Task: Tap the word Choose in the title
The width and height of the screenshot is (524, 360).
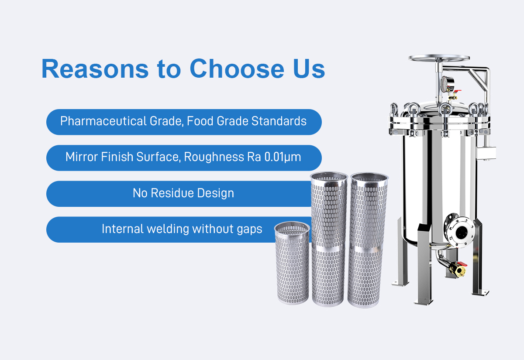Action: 237,69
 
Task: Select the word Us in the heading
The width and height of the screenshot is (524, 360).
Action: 309,69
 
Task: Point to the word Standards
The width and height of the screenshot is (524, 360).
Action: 279,121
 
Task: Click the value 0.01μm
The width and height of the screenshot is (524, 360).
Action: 283,157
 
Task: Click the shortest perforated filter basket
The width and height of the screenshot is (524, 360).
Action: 293,263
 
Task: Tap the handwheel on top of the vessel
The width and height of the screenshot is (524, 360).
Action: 439,58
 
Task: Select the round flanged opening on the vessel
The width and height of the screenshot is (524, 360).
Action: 460,232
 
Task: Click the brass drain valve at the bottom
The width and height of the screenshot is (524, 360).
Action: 457,269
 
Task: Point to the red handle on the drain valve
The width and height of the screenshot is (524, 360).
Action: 462,264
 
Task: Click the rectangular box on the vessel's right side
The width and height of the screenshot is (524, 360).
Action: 486,153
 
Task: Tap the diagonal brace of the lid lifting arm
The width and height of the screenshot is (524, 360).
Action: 477,81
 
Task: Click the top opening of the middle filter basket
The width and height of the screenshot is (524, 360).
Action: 329,176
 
